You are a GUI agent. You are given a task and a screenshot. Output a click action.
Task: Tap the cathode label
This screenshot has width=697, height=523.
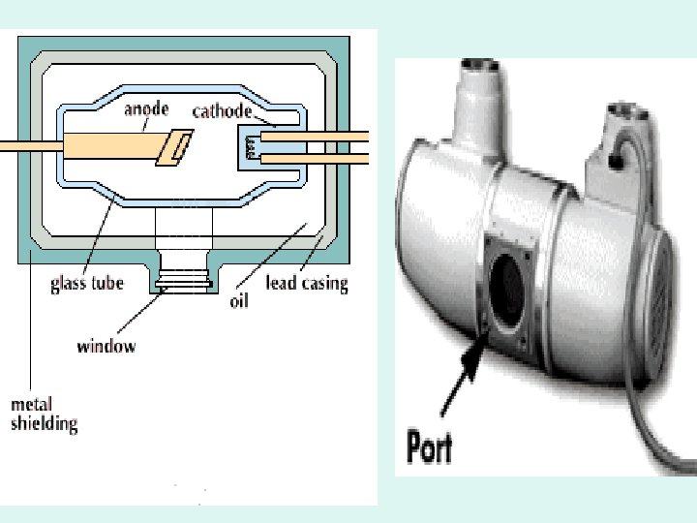[223, 110]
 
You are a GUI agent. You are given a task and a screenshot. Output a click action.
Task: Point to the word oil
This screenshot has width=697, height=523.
[238, 300]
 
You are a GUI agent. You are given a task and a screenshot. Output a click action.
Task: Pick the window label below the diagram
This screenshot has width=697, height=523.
[106, 346]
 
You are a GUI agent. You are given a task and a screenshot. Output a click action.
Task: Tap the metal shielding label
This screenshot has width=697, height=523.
[44, 414]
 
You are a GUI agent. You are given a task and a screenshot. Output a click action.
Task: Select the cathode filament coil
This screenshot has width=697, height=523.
[252, 146]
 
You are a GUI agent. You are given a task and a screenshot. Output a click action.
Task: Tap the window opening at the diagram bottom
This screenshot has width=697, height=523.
[183, 282]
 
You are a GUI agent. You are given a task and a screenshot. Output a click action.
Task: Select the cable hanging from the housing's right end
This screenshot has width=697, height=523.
[657, 407]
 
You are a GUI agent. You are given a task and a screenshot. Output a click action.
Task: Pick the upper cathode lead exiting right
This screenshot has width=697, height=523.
[329, 138]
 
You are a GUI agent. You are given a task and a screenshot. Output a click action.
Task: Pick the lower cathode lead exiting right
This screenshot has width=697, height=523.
[329, 157]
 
